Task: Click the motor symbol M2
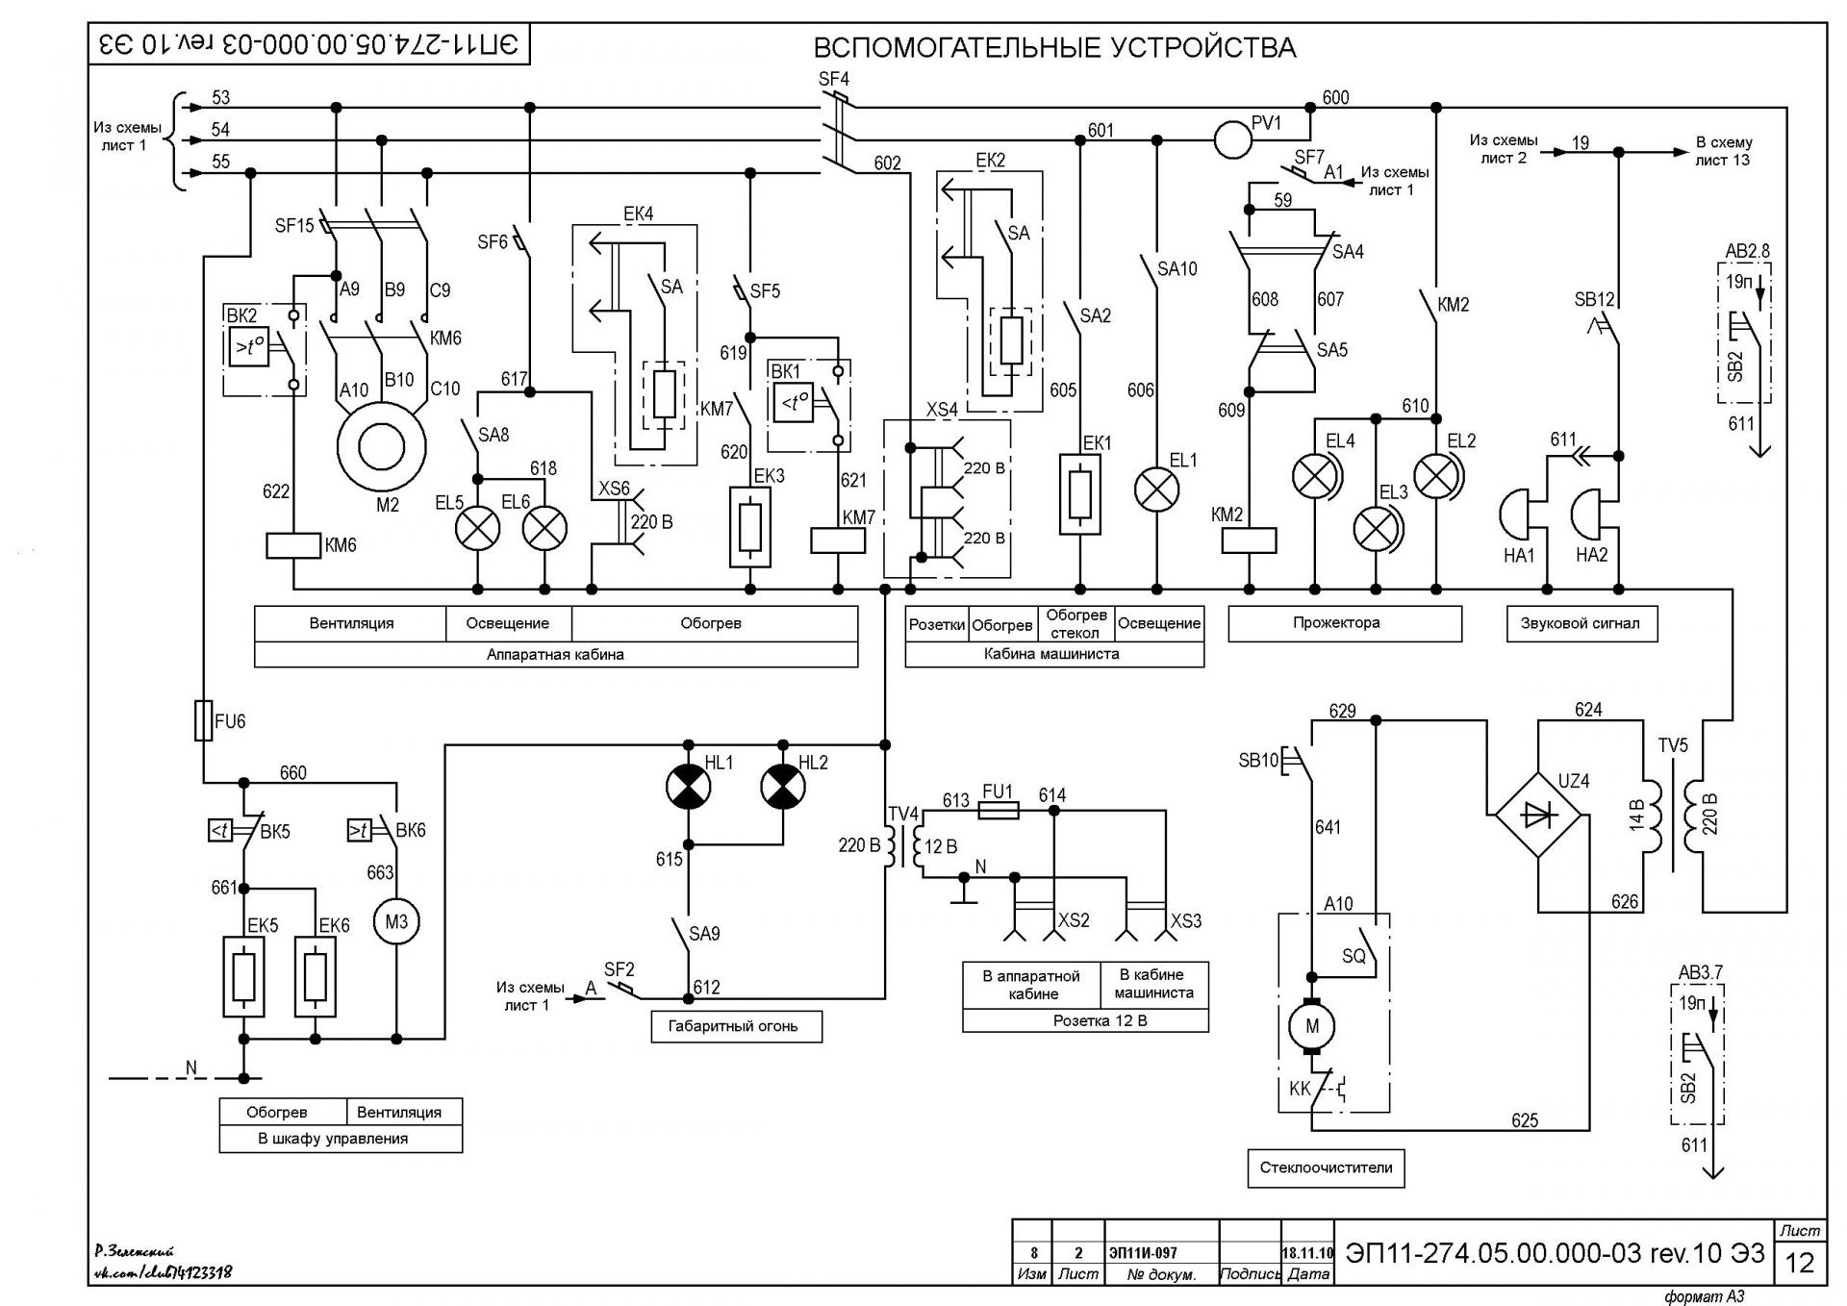coord(381,446)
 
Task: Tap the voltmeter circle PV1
coord(1232,139)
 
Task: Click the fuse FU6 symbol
coord(203,720)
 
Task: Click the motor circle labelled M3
coord(396,921)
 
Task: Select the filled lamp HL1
coord(688,787)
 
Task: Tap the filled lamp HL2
coord(783,787)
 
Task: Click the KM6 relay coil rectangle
coord(293,545)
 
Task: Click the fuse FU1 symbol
coord(999,811)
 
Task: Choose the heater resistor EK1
coord(1079,494)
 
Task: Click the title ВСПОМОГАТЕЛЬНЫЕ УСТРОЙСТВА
coord(1054,47)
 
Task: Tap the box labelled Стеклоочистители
coord(1326,1168)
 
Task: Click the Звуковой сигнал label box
coord(1581,623)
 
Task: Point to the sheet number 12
coord(1800,1263)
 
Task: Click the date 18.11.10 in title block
coord(1307,1253)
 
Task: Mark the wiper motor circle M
coord(1311,1026)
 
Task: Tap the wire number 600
coord(1336,97)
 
